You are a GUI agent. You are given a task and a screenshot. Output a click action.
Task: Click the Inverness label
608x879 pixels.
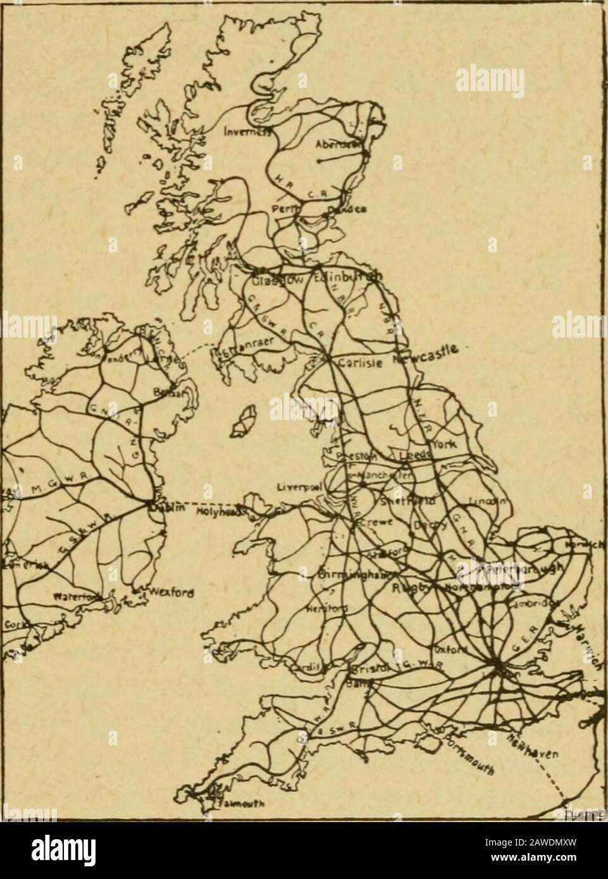click(244, 132)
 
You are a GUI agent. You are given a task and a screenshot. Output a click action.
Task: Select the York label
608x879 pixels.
click(438, 444)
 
